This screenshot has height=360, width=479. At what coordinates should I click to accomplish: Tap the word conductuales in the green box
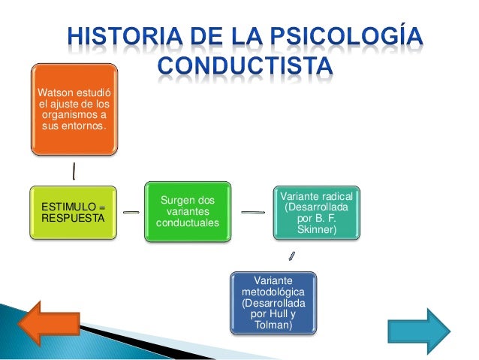tap(187, 224)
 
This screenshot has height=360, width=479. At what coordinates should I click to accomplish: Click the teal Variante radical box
tap(316, 213)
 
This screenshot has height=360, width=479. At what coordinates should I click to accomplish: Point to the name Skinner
tap(316, 230)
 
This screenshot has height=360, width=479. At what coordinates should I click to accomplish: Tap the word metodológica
tap(273, 291)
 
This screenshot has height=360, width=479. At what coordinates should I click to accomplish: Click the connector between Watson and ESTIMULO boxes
tap(74, 171)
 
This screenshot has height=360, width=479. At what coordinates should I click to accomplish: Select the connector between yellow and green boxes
tap(130, 213)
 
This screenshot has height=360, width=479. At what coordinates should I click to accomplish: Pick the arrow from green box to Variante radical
tap(253, 213)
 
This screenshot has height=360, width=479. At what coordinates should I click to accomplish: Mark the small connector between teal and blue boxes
tap(292, 256)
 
